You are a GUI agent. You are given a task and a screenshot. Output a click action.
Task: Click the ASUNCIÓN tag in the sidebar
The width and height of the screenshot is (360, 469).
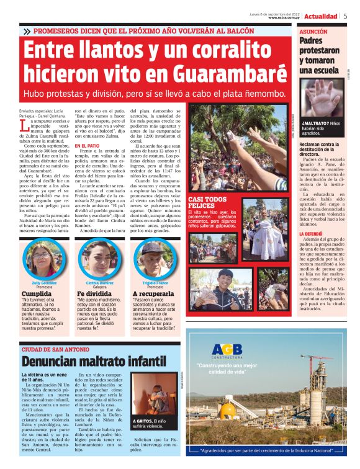tap(314, 30)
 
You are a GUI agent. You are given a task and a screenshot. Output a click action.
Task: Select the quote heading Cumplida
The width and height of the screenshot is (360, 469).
tap(38, 293)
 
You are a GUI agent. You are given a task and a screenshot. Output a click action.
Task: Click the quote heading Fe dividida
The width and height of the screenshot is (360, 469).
tap(92, 293)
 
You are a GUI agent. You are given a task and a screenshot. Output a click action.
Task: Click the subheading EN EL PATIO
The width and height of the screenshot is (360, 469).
tap(89, 145)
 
